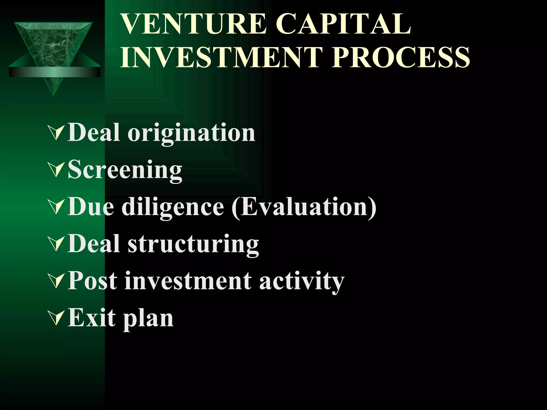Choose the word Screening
(125, 170)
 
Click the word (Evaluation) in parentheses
(304, 207)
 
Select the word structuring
(193, 244)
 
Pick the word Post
(92, 281)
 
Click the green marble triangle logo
(53, 45)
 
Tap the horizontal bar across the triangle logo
(55, 72)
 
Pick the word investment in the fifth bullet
(188, 281)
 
